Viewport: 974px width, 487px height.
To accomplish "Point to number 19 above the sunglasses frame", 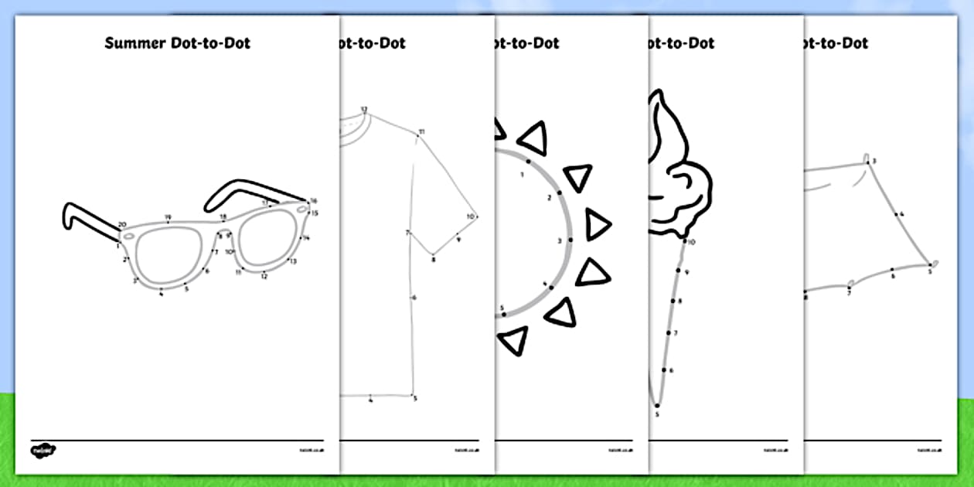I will (x=168, y=217).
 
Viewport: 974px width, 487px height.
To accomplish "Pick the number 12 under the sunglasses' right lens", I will (x=264, y=276).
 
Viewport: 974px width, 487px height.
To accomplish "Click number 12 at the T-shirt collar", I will (x=363, y=109).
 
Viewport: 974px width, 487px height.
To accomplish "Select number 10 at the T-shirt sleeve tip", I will (x=470, y=216).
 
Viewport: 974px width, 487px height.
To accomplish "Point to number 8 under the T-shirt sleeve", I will (x=433, y=260).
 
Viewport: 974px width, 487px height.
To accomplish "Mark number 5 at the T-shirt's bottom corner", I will (x=415, y=398).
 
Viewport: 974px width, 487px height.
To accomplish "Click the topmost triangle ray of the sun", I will (x=533, y=138).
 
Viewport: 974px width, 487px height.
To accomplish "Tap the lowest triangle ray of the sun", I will (x=513, y=339).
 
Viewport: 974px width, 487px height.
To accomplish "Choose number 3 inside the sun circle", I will (x=560, y=240).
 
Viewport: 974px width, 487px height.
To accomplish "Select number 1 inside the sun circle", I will (x=523, y=174).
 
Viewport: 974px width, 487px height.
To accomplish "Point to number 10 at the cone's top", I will (x=691, y=242).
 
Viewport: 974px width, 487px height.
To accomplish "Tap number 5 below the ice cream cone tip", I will (x=658, y=415).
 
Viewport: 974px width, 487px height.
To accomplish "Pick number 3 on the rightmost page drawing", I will (x=874, y=162).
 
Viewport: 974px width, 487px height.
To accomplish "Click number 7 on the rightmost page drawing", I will (x=849, y=294).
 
